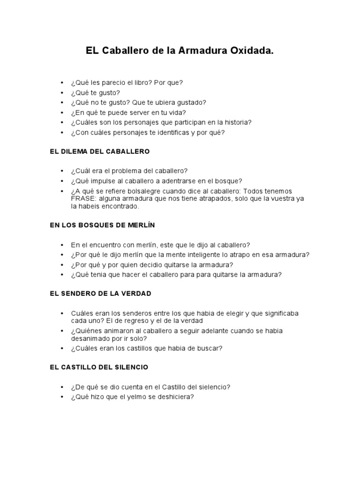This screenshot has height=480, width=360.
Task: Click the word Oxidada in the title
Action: click(249, 51)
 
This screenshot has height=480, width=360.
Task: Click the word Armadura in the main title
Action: click(198, 51)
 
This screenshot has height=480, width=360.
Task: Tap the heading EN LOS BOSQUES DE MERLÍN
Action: click(102, 225)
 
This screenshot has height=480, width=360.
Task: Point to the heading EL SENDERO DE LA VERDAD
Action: click(100, 293)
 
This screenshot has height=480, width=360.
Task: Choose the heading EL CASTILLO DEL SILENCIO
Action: click(99, 367)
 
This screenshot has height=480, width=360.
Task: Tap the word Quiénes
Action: click(87, 330)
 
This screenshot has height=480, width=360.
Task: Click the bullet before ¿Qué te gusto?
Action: click(62, 93)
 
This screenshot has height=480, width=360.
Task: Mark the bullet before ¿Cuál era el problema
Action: click(62, 171)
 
